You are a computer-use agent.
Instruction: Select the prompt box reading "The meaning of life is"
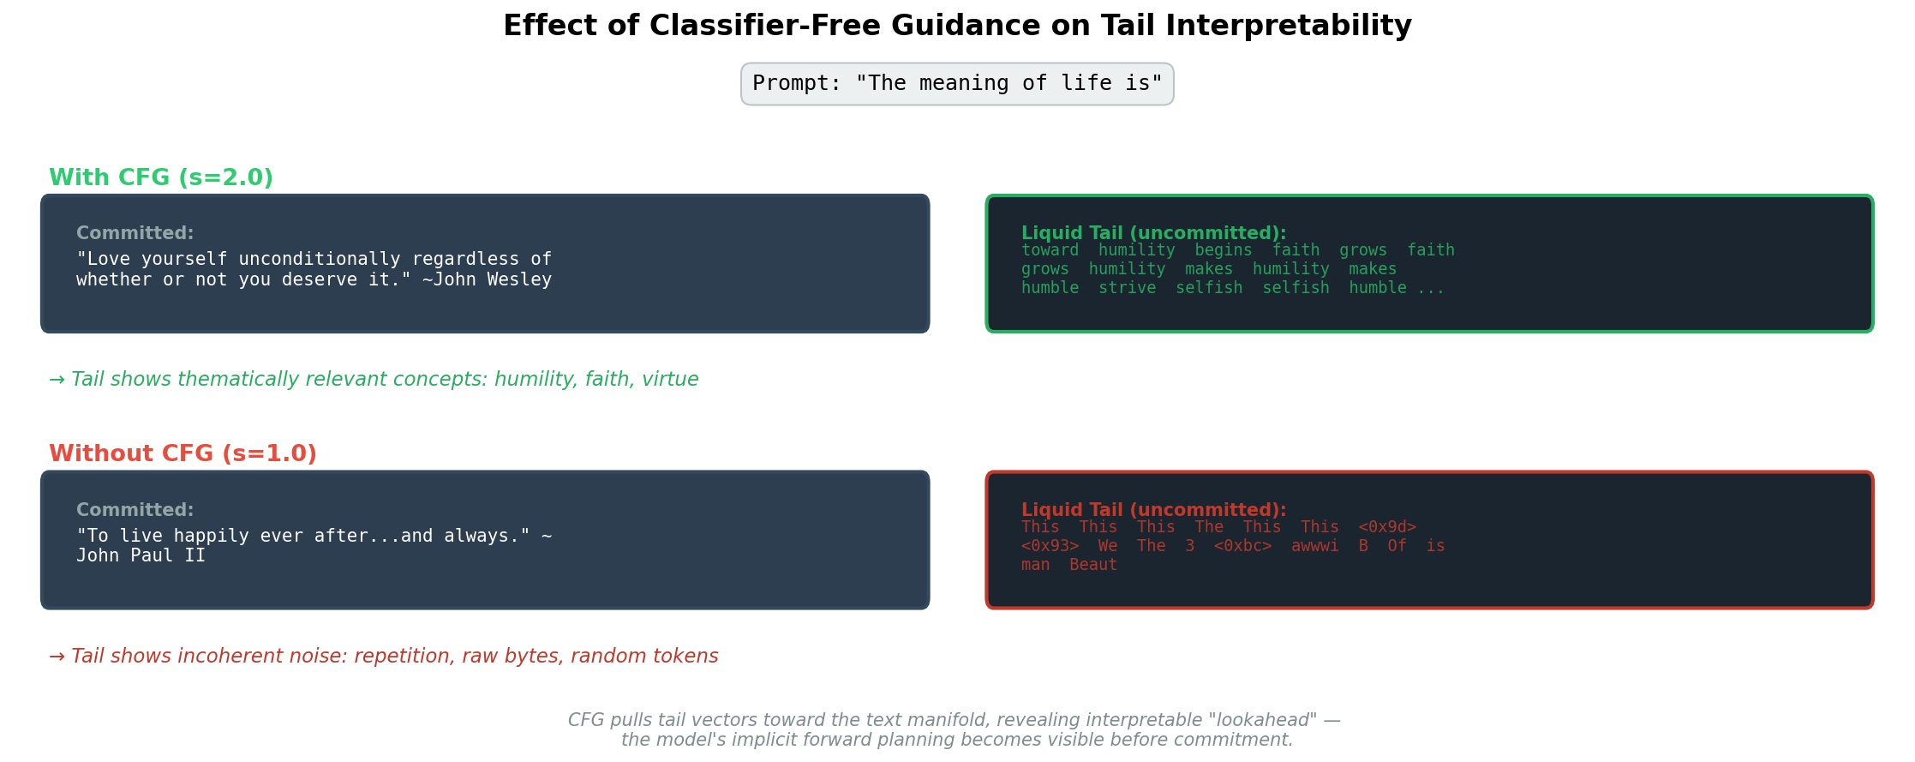coord(957,84)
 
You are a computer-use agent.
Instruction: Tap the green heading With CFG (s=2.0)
coord(161,178)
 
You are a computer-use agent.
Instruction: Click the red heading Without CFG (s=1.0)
coord(183,454)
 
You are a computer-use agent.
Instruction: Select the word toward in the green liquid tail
coord(1050,250)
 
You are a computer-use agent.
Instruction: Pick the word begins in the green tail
coord(1224,250)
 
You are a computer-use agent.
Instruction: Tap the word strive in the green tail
coord(1128,288)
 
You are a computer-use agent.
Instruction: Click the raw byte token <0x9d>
coord(1387,527)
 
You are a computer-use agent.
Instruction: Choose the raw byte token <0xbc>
coord(1242,546)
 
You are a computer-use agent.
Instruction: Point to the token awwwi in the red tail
coord(1315,546)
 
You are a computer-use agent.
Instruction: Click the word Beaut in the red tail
coord(1093,565)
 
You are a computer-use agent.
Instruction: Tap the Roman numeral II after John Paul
coord(195,555)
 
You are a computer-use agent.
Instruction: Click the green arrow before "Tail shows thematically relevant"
coord(57,380)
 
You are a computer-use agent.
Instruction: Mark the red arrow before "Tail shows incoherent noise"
coord(57,657)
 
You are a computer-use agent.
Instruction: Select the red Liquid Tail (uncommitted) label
coord(1154,510)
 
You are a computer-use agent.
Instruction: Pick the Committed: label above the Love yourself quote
coord(135,233)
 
